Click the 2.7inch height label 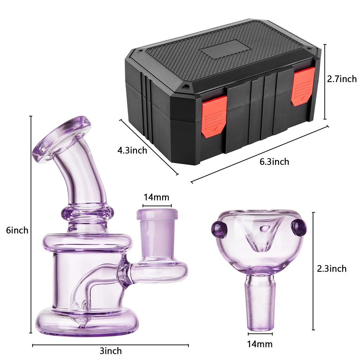[341, 79]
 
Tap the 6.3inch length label [274, 161]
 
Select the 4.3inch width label [132, 150]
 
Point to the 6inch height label [17, 230]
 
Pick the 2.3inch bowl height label [332, 268]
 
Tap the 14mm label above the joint [156, 197]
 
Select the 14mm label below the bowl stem [260, 344]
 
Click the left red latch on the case [213, 117]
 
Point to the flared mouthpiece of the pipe [62, 141]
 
